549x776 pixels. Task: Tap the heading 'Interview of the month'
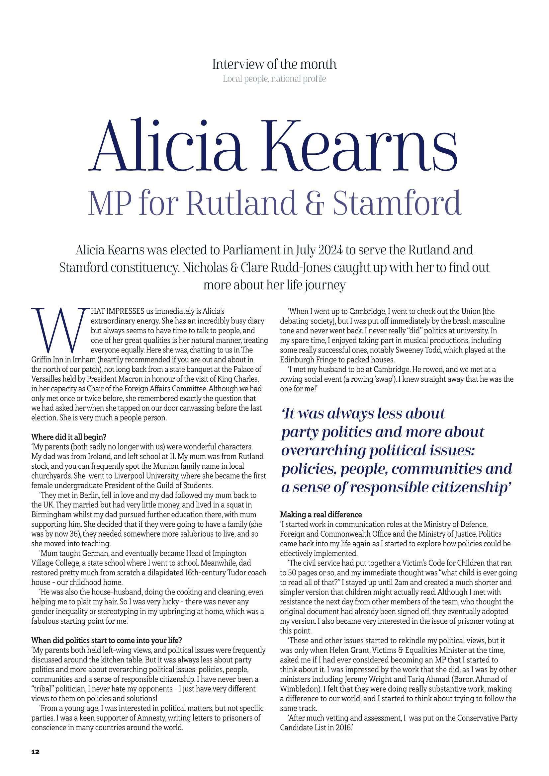point(274,64)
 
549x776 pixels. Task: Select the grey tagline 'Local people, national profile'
point(274,79)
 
